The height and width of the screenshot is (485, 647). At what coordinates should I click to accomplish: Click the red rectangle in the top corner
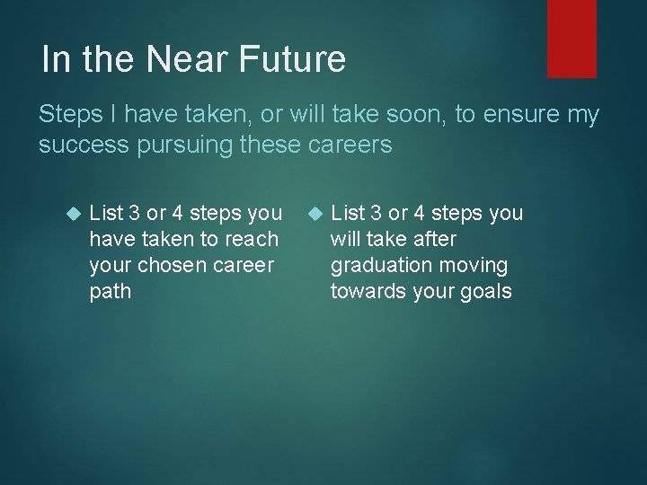coord(572,38)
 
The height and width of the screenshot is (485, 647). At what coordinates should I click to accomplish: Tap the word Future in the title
coord(296,59)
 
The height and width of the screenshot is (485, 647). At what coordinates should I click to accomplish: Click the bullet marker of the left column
coord(75,214)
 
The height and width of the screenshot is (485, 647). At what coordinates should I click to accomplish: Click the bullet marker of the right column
coord(315,214)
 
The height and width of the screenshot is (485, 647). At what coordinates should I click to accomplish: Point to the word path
coord(110,291)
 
